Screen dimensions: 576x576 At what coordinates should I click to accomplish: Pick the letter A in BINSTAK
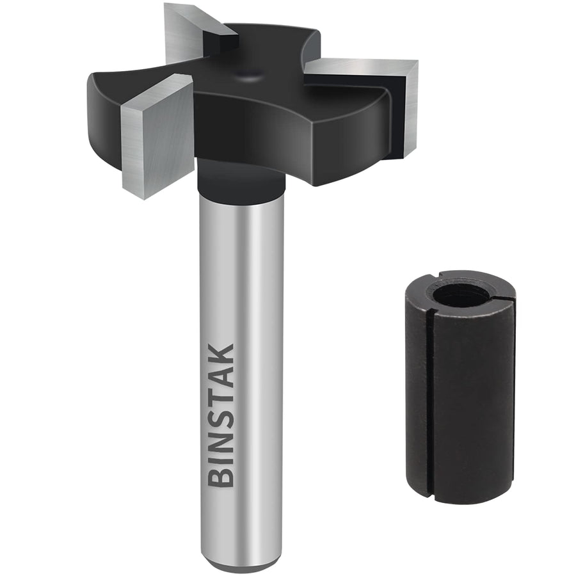(222, 376)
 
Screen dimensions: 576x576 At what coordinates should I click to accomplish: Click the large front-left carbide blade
(157, 134)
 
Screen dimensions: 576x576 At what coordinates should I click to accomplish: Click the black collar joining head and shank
(240, 180)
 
